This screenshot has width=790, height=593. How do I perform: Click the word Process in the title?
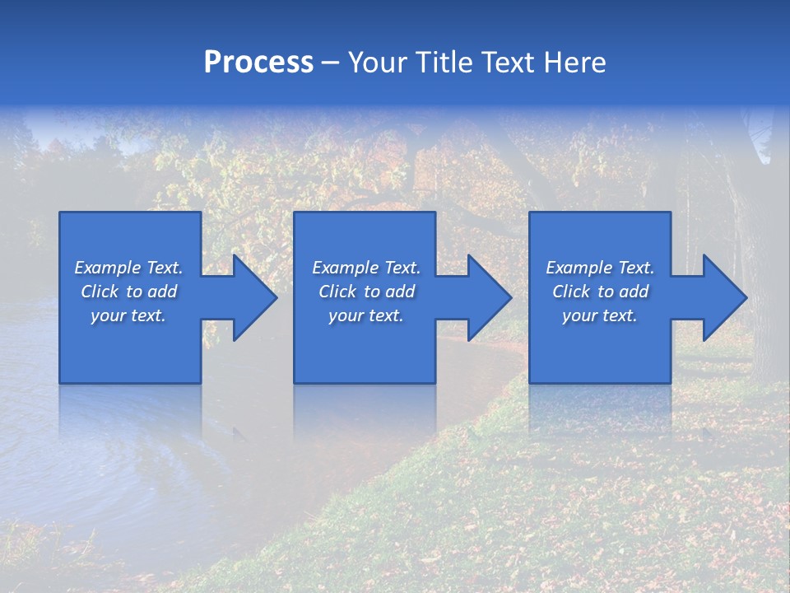click(x=258, y=63)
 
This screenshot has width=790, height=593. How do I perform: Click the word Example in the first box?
click(x=108, y=268)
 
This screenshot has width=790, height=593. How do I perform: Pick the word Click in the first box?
click(x=100, y=292)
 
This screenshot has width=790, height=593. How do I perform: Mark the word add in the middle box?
click(x=400, y=292)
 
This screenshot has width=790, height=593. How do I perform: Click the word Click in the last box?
click(x=572, y=292)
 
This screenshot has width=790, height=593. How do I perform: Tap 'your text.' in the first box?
click(x=128, y=315)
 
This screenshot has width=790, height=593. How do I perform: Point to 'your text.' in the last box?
click(x=600, y=315)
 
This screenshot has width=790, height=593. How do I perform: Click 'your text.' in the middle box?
click(x=366, y=315)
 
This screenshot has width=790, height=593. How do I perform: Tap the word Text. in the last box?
click(x=636, y=268)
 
